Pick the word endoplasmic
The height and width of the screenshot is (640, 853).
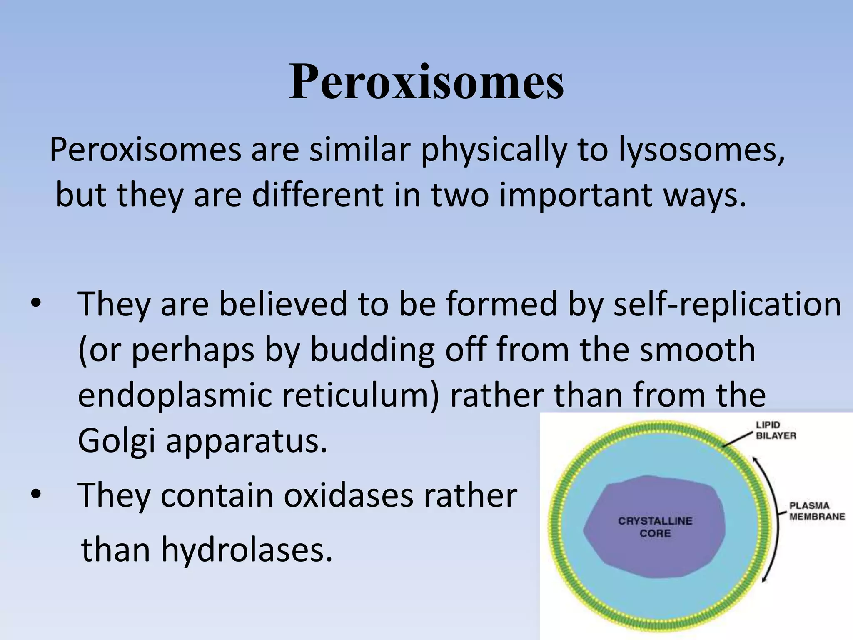175,395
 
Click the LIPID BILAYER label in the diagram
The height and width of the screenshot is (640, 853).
776,430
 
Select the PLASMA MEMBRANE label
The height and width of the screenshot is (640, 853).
817,511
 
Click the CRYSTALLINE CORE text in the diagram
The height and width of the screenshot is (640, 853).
655,527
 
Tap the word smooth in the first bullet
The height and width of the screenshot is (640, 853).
697,350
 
